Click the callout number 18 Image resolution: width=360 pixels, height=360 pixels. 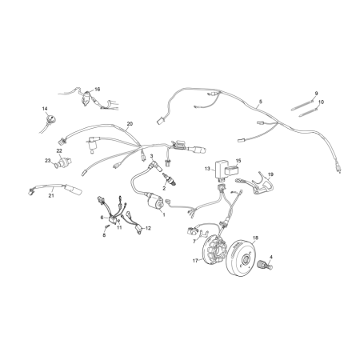point(255,238)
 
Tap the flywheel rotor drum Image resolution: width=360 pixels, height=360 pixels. point(241,258)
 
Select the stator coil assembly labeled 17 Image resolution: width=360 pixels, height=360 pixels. point(214,250)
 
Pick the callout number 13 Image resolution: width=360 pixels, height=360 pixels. point(207,169)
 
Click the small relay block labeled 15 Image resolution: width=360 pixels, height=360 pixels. point(231,170)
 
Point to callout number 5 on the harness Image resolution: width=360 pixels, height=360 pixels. point(261,102)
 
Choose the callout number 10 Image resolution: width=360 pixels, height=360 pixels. point(321,102)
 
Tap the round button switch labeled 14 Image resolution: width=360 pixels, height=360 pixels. point(50,118)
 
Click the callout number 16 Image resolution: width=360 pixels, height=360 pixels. point(97,89)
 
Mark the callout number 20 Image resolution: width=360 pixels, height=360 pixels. point(130,124)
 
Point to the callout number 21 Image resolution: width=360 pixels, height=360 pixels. point(51,195)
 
